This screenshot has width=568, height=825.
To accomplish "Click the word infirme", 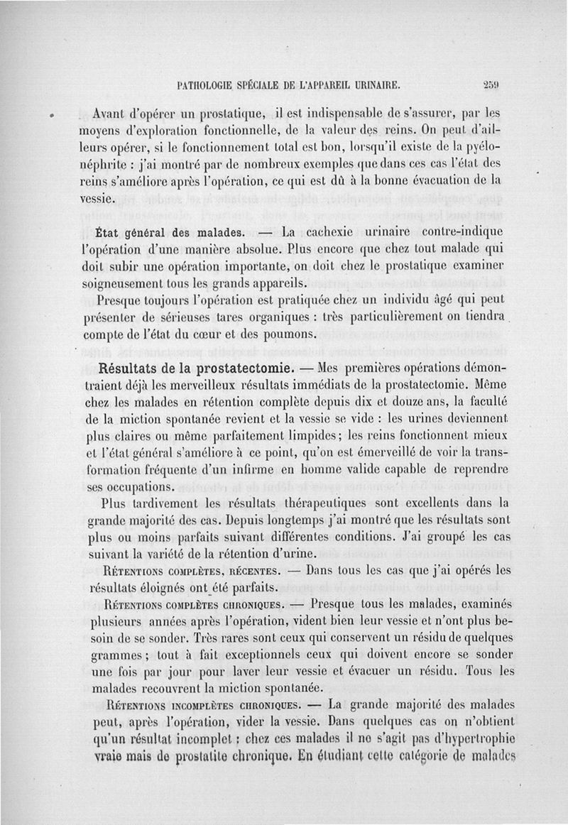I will point(289,470).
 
